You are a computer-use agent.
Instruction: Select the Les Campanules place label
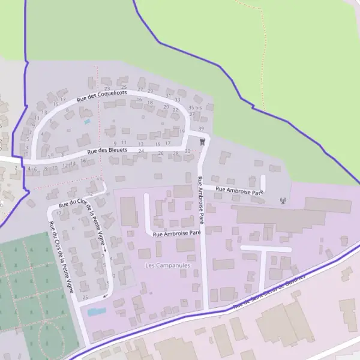pyautogui.click(x=167, y=264)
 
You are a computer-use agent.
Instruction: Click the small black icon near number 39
pyautogui.click(x=202, y=141)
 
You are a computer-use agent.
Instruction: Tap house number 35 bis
pyautogui.click(x=195, y=107)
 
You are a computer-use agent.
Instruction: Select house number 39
pyautogui.click(x=201, y=129)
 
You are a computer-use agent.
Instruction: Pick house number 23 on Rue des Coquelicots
pyautogui.click(x=107, y=89)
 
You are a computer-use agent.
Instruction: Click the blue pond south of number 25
pyautogui.click(x=96, y=312)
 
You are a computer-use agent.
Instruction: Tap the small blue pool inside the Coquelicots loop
pyautogui.click(x=88, y=121)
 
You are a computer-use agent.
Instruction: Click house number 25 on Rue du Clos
pyautogui.click(x=85, y=298)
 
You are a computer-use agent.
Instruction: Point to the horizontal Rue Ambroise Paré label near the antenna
pyautogui.click(x=239, y=190)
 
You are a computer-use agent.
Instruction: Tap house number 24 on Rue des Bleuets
pyautogui.click(x=141, y=151)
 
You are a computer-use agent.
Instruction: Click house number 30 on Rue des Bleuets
pyautogui.click(x=187, y=151)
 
